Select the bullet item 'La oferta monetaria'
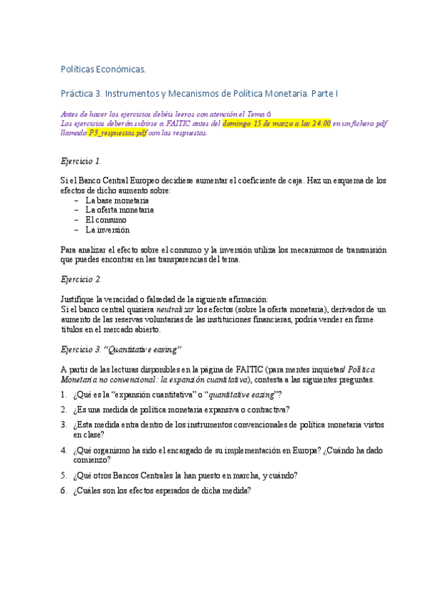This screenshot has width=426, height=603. [119, 210]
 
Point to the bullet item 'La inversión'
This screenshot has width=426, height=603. [107, 230]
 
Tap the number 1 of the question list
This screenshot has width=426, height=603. [64, 395]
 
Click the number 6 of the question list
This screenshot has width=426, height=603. [64, 491]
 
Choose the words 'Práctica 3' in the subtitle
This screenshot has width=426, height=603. [82, 93]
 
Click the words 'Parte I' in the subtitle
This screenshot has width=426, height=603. [324, 93]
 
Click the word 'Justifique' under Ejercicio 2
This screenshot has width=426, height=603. [78, 299]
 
